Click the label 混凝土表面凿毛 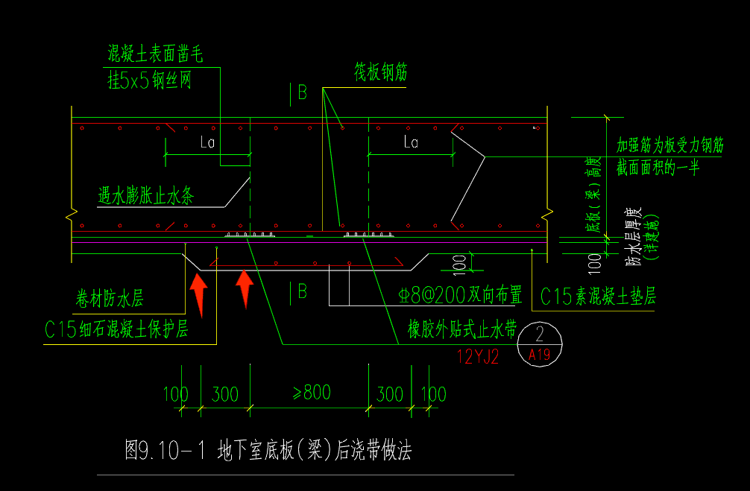155,54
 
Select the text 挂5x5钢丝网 150,80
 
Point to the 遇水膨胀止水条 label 146,196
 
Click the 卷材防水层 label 110,299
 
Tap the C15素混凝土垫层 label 598,297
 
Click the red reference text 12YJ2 477,357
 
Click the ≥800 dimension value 311,392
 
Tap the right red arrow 245,288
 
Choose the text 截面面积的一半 658,168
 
